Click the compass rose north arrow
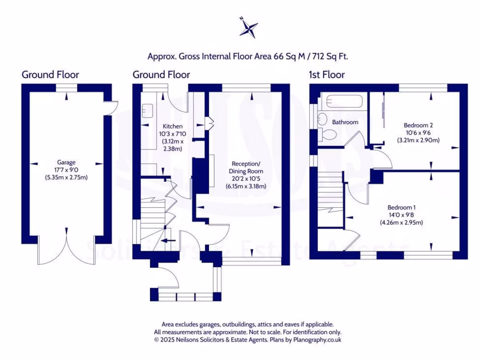(248, 28)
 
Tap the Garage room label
(67, 162)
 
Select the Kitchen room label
(172, 127)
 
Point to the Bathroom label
(345, 122)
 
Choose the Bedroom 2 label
(418, 125)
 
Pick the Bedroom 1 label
(401, 207)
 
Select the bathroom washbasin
(322, 119)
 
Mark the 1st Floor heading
(326, 75)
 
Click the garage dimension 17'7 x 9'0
(67, 170)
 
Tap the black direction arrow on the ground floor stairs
(166, 241)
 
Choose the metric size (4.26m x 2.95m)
(401, 223)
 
